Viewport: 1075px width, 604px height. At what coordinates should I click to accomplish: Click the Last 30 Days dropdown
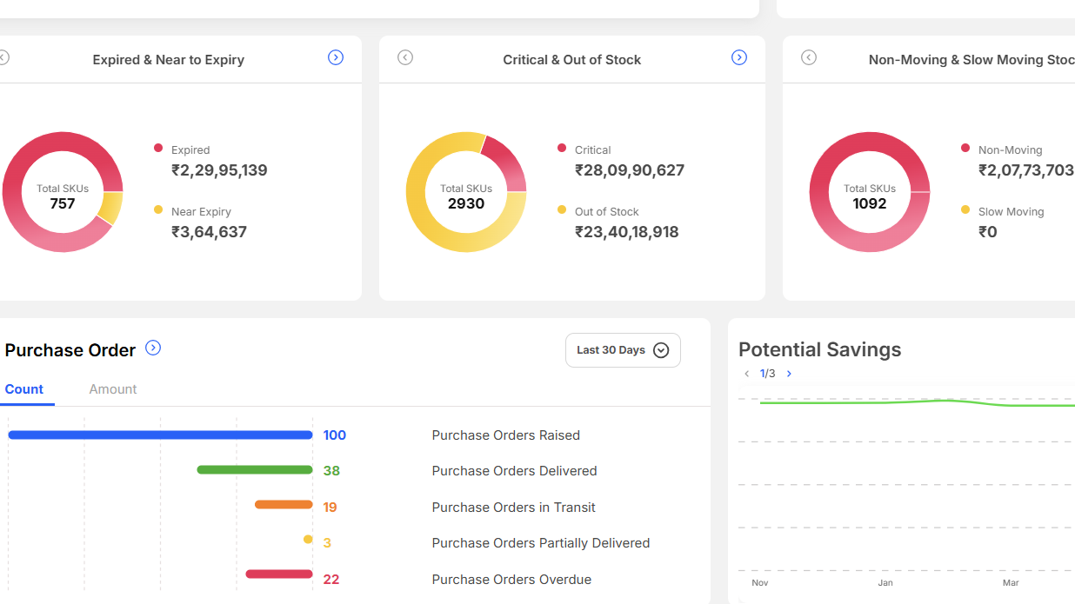(623, 350)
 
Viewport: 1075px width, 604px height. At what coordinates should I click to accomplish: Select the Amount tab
(113, 389)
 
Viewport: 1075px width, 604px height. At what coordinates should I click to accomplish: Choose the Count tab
(24, 389)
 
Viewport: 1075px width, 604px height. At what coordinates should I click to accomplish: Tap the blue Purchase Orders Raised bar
(160, 435)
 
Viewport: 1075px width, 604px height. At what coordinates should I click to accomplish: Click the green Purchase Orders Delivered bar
(255, 470)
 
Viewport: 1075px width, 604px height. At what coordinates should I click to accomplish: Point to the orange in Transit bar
(284, 504)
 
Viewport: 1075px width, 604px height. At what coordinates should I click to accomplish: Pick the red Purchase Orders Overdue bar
(279, 574)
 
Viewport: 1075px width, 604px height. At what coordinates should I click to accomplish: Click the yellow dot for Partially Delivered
(308, 540)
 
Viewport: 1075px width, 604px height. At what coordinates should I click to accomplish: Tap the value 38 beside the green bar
(331, 471)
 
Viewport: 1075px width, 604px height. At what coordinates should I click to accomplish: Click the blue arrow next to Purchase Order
(153, 348)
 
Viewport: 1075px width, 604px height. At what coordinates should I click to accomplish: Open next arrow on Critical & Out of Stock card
(739, 57)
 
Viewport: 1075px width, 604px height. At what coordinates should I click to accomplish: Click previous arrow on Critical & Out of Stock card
(405, 57)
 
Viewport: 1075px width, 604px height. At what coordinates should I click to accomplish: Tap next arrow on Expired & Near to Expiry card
(336, 57)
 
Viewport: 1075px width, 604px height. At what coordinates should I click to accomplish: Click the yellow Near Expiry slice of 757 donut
(111, 207)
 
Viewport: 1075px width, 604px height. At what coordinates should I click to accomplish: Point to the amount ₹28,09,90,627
(630, 170)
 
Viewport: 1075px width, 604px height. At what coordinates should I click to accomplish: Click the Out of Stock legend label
(606, 211)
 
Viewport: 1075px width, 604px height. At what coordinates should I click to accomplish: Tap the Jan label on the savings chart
(885, 583)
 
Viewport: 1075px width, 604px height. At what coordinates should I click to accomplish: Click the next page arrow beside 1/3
(789, 374)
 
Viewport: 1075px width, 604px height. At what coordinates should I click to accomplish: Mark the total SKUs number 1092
(870, 203)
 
